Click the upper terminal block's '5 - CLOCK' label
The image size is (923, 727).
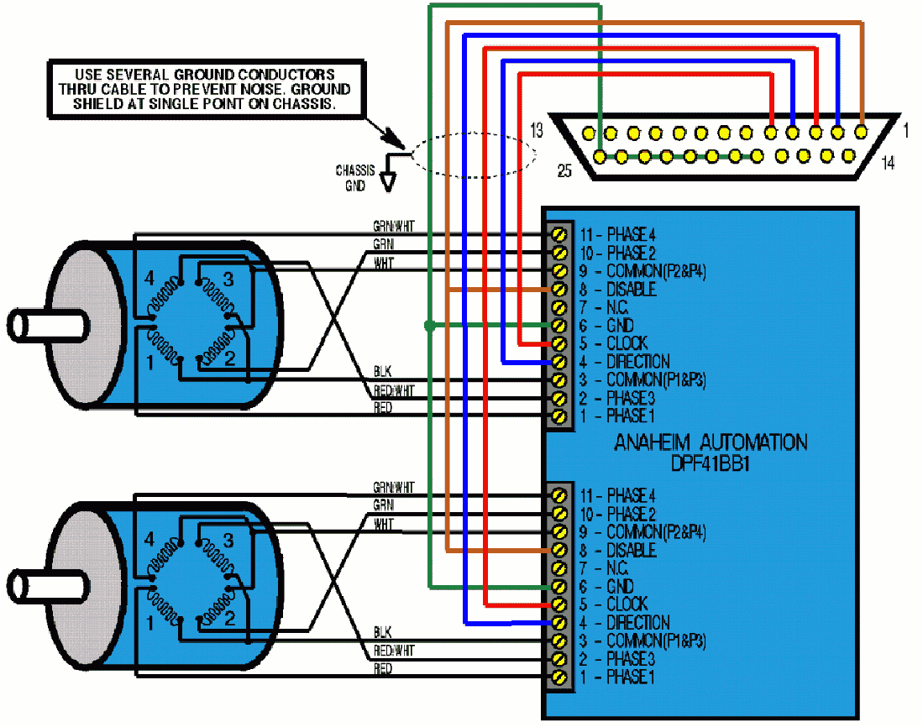pos(614,343)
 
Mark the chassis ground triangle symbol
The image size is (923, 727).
pos(387,179)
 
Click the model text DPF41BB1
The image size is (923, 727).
pos(710,463)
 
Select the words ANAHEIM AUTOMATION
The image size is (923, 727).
pos(711,442)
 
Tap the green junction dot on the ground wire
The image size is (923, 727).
pos(429,325)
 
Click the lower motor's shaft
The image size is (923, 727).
pos(34,583)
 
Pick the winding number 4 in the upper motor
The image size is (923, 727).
pos(150,277)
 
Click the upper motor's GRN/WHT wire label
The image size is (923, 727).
pos(393,227)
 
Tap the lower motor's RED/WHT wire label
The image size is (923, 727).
pos(393,651)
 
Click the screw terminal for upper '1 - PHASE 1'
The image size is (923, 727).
pos(557,416)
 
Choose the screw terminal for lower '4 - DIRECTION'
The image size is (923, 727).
pos(557,623)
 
